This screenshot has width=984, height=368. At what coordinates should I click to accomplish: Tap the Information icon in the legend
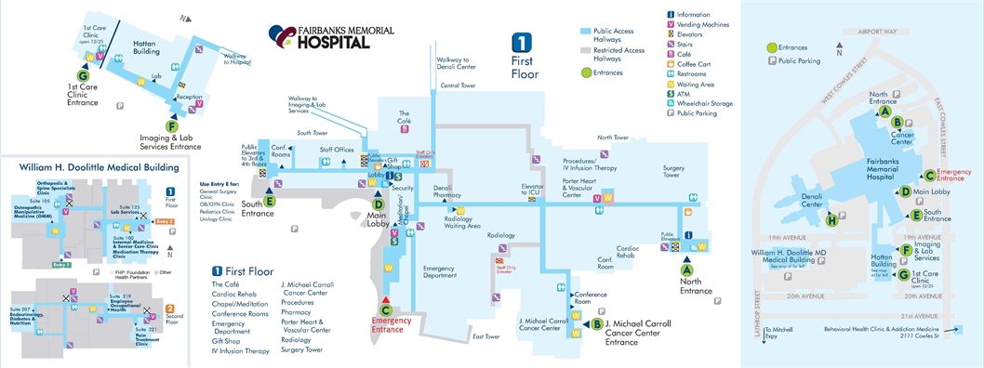(672, 15)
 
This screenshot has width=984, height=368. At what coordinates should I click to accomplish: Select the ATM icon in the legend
(672, 92)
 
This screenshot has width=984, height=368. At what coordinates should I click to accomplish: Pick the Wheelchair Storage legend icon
(672, 102)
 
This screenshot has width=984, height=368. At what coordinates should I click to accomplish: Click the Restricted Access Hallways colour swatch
(586, 50)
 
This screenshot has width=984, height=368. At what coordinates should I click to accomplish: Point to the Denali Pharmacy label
(448, 191)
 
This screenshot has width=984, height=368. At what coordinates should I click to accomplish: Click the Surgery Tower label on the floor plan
(673, 172)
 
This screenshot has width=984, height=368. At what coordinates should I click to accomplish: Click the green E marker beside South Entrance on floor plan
(270, 200)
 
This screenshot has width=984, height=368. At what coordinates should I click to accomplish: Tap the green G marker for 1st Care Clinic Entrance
(82, 74)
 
